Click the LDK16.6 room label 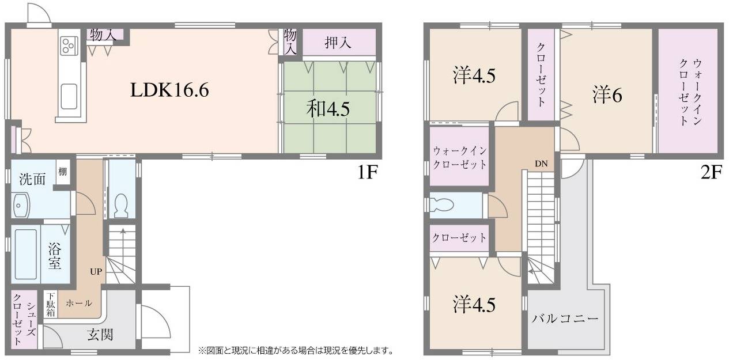point(169,90)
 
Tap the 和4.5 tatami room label point(328,109)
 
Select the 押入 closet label point(338,42)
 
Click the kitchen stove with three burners point(69,46)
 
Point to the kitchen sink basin point(69,97)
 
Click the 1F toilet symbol point(122,206)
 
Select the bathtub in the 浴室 point(26,255)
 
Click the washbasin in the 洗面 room point(21,206)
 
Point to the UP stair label point(96,271)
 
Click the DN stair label point(541,164)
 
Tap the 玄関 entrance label point(100,335)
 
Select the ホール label point(79,303)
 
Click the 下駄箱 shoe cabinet point(51,304)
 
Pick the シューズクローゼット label point(24,319)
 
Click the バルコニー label point(565,319)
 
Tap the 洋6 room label point(607,95)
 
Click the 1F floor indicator point(368,172)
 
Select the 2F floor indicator point(712,172)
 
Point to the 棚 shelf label point(63,171)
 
